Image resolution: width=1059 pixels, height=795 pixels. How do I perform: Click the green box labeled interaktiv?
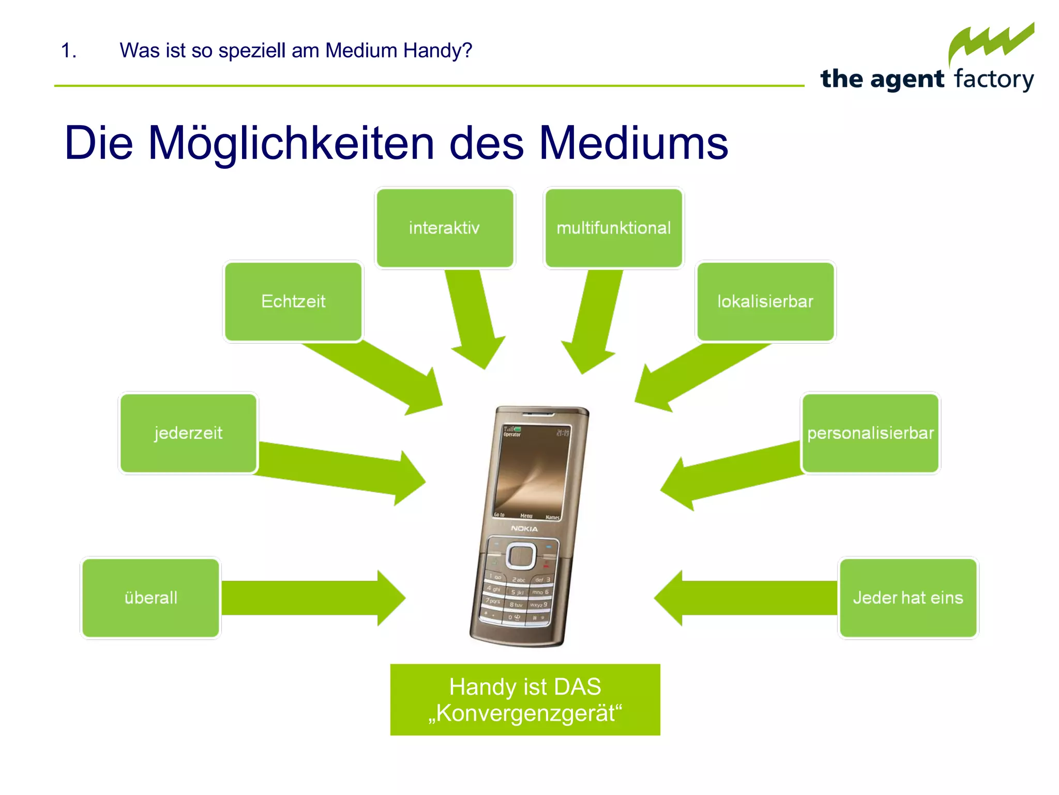click(445, 228)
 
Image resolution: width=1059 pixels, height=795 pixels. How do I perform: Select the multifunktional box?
click(613, 228)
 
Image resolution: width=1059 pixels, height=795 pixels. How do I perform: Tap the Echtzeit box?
click(293, 301)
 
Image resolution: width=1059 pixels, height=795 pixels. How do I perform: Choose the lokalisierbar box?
click(765, 301)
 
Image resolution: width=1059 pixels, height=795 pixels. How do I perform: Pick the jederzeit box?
click(188, 433)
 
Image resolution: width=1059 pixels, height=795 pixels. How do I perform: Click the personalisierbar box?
click(870, 433)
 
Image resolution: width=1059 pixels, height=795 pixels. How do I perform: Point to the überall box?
click(150, 598)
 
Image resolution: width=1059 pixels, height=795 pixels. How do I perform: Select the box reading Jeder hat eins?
click(908, 598)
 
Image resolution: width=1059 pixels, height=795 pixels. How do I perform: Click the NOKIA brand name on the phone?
click(524, 528)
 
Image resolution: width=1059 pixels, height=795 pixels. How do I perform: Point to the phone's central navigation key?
click(520, 556)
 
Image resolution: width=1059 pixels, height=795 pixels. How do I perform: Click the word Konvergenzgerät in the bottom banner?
click(525, 713)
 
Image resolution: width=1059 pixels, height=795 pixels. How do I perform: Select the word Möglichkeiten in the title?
click(291, 143)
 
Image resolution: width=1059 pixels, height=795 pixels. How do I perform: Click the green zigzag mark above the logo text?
click(990, 44)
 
